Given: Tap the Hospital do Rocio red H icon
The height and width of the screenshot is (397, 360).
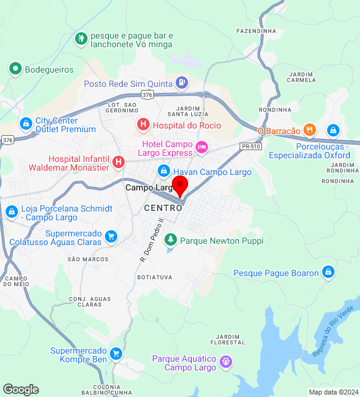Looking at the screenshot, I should (x=143, y=125).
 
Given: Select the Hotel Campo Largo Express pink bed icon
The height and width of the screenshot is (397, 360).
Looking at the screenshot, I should (x=201, y=148).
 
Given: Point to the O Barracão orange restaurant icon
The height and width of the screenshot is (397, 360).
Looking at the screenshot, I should (x=310, y=130).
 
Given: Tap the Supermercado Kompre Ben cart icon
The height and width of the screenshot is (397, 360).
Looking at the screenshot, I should (x=116, y=354).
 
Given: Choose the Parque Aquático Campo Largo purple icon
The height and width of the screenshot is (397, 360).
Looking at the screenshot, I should (x=226, y=360).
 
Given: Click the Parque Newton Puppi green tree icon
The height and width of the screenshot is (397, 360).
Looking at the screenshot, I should (x=170, y=240).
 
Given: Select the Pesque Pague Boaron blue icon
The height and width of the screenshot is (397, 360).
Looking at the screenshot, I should (x=328, y=272).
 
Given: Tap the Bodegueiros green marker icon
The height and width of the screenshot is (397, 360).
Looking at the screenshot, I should (x=16, y=69).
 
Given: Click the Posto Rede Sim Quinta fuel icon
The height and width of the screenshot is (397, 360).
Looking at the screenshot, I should (x=181, y=82).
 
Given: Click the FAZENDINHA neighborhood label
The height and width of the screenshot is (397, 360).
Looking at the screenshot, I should (x=256, y=30).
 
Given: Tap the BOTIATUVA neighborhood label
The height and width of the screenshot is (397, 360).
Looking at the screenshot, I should (x=154, y=277).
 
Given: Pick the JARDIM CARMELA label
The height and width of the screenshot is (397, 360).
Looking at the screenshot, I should (x=302, y=77).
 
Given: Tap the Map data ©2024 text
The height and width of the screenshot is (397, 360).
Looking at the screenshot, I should (x=333, y=392).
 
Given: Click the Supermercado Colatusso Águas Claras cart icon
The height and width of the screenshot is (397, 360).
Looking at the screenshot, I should (x=111, y=236).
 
